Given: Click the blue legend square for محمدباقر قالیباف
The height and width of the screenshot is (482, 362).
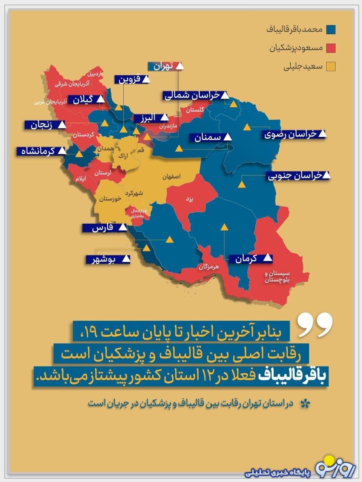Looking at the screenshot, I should pos(331,29).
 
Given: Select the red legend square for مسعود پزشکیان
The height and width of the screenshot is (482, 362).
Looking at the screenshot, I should pos(331,48).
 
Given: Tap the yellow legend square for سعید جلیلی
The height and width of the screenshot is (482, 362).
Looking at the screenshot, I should pos(331,67).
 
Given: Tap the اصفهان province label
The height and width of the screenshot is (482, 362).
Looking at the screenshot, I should pos(171,176).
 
